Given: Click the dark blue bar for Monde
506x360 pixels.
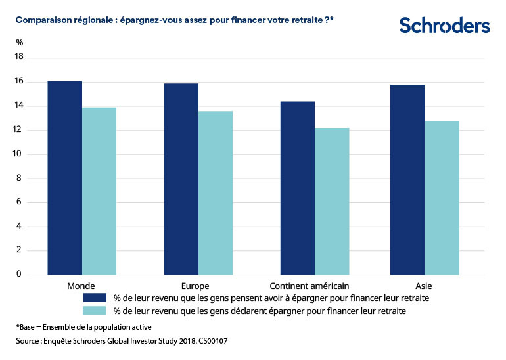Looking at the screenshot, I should click(x=65, y=177).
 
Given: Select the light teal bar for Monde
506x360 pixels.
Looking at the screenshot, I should click(x=99, y=191).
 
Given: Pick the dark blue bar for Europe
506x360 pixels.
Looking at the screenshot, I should click(x=181, y=179).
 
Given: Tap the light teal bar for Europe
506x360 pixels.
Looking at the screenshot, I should click(x=216, y=192).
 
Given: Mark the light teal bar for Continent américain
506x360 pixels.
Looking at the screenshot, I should click(x=332, y=201).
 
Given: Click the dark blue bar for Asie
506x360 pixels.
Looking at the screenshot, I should click(x=407, y=179).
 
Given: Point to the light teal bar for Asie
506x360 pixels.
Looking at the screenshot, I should click(x=442, y=197).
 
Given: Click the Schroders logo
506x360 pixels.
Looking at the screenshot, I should click(x=444, y=26).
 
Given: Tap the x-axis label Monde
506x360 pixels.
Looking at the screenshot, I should click(x=81, y=286).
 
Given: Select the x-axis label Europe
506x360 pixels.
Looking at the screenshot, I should click(x=195, y=286).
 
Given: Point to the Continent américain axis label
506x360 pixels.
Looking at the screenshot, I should click(x=310, y=286).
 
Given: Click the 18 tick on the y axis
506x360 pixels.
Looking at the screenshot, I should click(x=18, y=58).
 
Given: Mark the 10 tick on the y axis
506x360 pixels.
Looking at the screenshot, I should click(x=18, y=154).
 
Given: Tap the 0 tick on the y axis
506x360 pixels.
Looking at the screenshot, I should click(x=20, y=274).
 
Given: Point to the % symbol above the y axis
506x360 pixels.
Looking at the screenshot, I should click(x=19, y=43).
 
